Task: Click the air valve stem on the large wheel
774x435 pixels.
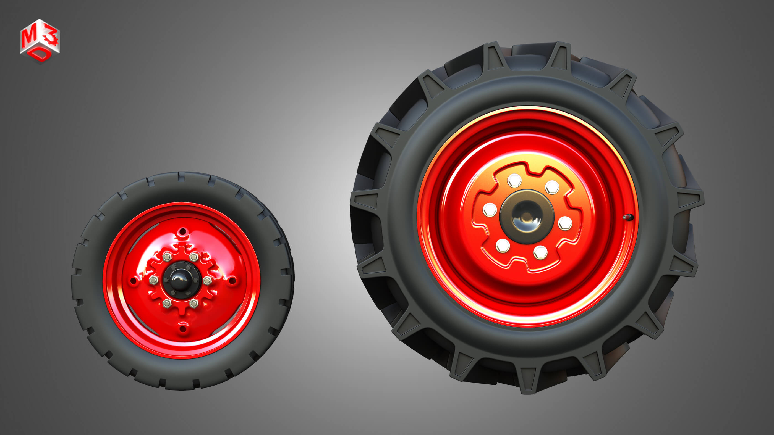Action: [627, 217]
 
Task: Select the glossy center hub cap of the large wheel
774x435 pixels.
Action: [526, 216]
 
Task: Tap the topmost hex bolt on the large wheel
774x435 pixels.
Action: [514, 180]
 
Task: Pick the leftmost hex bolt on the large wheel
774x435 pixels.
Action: [490, 209]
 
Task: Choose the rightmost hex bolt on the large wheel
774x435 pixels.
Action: [565, 223]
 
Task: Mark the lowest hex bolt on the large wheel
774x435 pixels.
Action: [540, 252]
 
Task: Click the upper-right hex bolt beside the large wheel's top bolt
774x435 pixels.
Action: [552, 187]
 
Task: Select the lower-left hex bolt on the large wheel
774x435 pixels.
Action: [503, 246]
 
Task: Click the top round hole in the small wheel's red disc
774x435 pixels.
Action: [182, 232]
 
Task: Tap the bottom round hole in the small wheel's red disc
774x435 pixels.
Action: [182, 329]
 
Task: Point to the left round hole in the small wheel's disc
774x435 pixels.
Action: [132, 281]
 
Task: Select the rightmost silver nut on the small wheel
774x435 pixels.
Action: [207, 281]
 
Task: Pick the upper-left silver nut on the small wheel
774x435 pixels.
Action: [167, 257]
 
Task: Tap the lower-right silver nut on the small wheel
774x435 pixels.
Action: [194, 304]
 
